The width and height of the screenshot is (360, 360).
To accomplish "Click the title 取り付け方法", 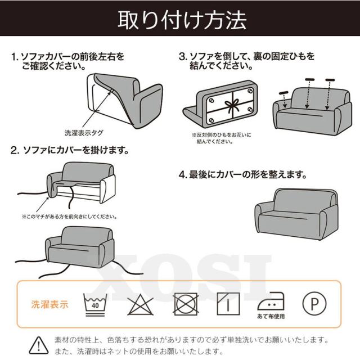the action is pyautogui.click(x=182, y=20).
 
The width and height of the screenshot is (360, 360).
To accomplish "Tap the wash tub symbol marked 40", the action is pyautogui.click(x=95, y=304).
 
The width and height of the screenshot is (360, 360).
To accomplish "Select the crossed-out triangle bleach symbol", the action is pyautogui.click(x=140, y=304).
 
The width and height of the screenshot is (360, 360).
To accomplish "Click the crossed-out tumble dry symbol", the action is pyautogui.click(x=186, y=304).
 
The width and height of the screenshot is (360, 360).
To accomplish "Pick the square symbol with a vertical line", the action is pyautogui.click(x=228, y=304).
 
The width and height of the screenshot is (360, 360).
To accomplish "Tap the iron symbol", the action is pyautogui.click(x=271, y=301).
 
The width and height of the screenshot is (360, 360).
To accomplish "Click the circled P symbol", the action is pyautogui.click(x=314, y=304).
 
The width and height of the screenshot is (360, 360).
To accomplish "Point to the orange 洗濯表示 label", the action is pyautogui.click(x=50, y=304).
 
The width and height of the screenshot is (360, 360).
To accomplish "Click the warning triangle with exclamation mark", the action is pyautogui.click(x=39, y=345).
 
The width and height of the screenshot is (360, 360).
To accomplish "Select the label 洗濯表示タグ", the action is pyautogui.click(x=84, y=133).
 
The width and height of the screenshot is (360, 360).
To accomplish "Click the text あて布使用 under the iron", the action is pyautogui.click(x=271, y=316).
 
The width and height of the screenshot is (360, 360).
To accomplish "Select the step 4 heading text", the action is pyautogui.click(x=243, y=175).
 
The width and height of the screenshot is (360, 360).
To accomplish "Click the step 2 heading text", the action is pyautogui.click(x=70, y=150).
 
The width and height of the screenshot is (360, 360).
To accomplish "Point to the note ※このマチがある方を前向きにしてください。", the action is pyautogui.click(x=70, y=217).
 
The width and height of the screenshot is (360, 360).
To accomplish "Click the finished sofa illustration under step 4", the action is pyautogui.click(x=296, y=214).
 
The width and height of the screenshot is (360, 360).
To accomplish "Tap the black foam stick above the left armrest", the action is pyautogui.click(x=283, y=93).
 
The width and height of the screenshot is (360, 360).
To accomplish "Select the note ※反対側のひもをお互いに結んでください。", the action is pyautogui.click(x=222, y=138).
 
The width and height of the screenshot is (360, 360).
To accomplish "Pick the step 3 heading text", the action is pyautogui.click(x=246, y=61).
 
